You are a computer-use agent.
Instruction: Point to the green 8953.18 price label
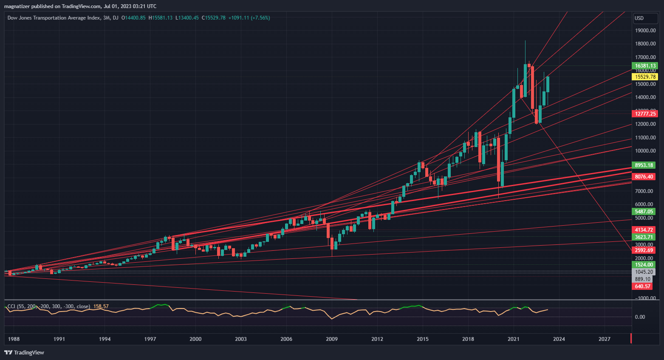tap(644, 165)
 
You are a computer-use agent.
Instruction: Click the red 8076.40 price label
tap(644, 176)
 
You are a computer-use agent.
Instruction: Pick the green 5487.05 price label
tap(644, 211)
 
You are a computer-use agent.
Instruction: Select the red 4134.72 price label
tap(644, 230)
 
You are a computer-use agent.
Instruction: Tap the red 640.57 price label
tap(642, 286)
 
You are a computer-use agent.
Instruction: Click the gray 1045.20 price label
tap(644, 272)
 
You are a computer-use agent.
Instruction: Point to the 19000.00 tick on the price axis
tap(645, 31)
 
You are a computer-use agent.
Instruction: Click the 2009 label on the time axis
tap(332, 339)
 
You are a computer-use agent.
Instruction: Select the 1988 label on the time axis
tap(14, 339)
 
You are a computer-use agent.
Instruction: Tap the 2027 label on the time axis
tap(604, 339)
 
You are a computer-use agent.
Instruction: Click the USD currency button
tap(639, 18)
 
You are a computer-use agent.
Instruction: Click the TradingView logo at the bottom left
tap(24, 352)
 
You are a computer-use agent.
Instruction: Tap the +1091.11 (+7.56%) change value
tap(249, 18)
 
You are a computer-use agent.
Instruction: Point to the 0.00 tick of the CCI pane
tap(640, 317)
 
